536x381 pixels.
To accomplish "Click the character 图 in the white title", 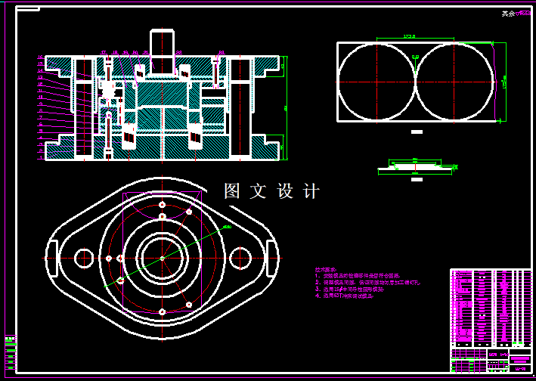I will [x=232, y=191].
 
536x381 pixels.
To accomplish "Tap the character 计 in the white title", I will [x=311, y=191].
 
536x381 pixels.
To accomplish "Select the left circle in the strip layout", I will [x=376, y=80].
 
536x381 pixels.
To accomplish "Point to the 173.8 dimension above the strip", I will [x=410, y=36].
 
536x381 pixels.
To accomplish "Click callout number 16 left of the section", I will [x=40, y=57].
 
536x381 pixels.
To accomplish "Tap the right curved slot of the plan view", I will [x=271, y=258].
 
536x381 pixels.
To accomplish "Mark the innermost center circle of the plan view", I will [x=163, y=258].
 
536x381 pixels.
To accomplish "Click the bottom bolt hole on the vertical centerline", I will [x=163, y=311].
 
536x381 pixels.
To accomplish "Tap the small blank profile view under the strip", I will [x=414, y=166].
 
